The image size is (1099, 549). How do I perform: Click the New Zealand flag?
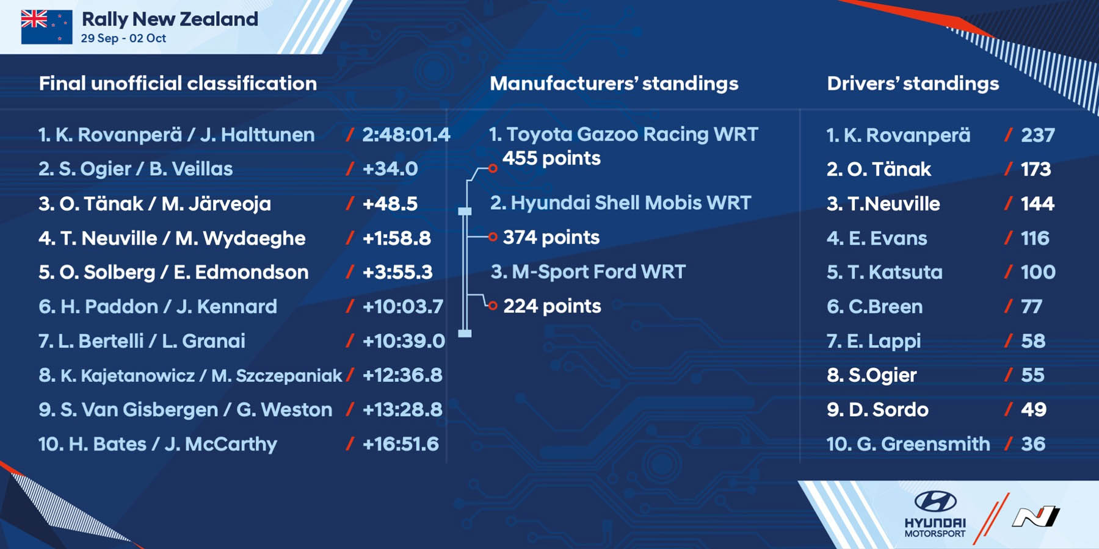[x=46, y=27]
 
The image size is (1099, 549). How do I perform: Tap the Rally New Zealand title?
[x=170, y=19]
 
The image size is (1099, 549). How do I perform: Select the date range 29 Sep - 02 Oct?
[x=123, y=38]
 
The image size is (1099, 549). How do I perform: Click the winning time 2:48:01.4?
[x=406, y=135]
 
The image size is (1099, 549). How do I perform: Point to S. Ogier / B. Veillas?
[x=136, y=169]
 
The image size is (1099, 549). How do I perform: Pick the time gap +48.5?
[x=390, y=204]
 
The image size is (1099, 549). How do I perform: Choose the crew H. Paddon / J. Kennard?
[x=158, y=306]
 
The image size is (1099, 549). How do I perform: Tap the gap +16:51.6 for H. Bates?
[x=401, y=444]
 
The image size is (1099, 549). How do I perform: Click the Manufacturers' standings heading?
[x=614, y=84]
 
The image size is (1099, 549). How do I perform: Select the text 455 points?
[x=551, y=159]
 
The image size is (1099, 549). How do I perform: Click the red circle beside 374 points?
[x=493, y=237]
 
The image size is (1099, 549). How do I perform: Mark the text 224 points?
[x=552, y=306]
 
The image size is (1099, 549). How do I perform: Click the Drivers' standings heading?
[x=913, y=84]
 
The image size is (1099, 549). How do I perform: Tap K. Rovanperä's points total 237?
[x=1038, y=135]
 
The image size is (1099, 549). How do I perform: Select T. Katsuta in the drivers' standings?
[x=895, y=272]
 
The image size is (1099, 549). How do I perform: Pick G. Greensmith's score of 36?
[x=1033, y=444]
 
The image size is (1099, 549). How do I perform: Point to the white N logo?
[x=1036, y=516]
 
